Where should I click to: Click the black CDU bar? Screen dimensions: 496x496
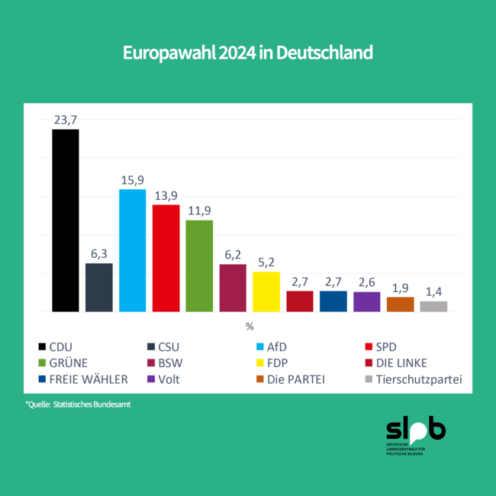[65, 221]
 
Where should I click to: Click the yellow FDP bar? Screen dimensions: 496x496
[266, 291]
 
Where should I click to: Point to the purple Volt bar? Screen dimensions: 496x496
[366, 301]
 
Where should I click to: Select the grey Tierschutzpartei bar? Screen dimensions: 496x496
[433, 306]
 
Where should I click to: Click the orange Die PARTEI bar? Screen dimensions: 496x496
[400, 304]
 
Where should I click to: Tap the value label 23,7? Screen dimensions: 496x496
[65, 120]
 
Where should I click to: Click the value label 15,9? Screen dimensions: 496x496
[132, 180]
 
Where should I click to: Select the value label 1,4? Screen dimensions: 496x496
[433, 291]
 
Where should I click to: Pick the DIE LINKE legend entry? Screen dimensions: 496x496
[410, 362]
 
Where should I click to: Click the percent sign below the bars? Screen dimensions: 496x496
[249, 327]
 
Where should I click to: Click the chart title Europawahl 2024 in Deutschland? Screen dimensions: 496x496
[248, 53]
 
